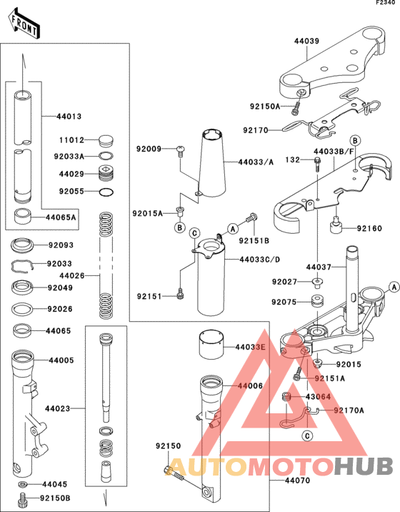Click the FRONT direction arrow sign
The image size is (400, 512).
point(24,24)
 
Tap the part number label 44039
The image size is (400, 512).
point(307,41)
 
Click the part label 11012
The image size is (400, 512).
point(72,141)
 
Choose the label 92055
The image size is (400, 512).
point(72,192)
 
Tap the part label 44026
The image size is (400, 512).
point(72,275)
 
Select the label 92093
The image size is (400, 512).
point(61,245)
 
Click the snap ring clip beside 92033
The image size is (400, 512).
point(24,267)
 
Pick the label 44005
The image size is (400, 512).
point(61,360)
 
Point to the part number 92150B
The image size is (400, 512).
point(56,498)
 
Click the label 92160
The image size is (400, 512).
point(370,229)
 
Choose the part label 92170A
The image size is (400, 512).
point(349,410)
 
